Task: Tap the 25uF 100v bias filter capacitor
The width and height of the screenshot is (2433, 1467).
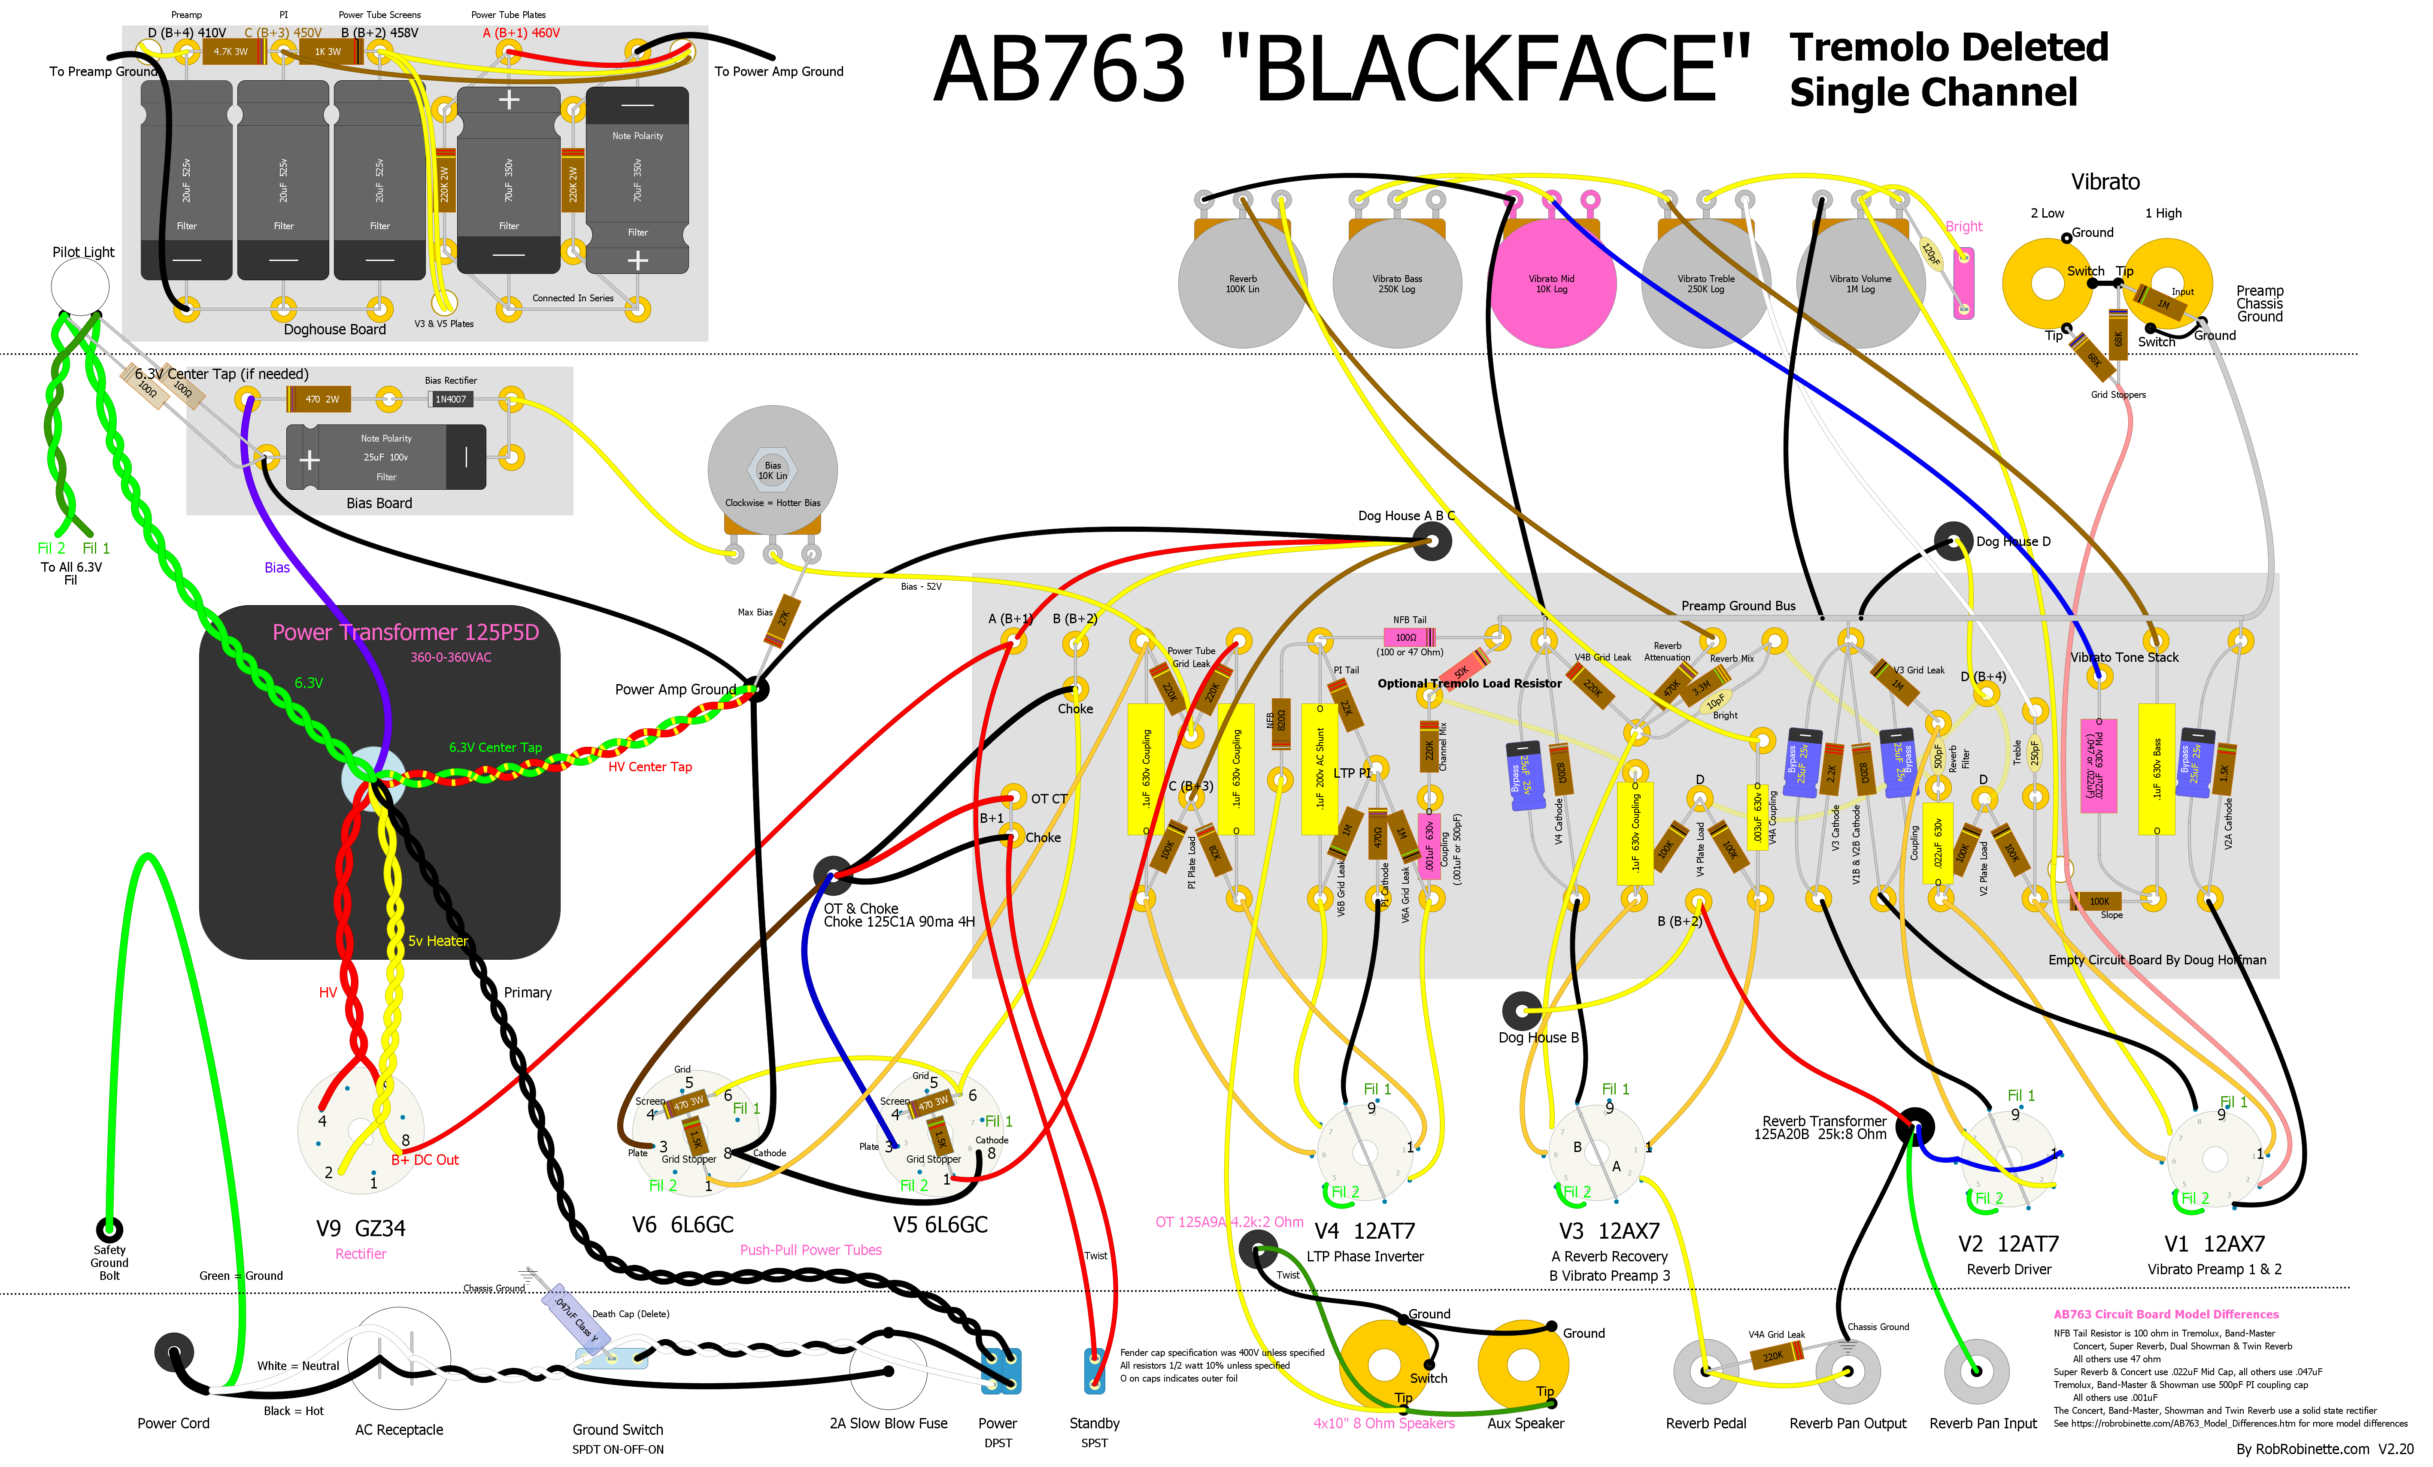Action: point(385,457)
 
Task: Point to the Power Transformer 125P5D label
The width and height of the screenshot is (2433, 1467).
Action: point(405,632)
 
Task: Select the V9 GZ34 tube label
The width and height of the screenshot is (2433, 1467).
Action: point(361,1228)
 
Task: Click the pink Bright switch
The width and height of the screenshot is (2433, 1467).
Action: point(1964,283)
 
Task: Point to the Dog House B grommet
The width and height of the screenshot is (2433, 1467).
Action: point(1522,1011)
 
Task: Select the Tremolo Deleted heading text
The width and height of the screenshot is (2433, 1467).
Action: point(1948,47)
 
